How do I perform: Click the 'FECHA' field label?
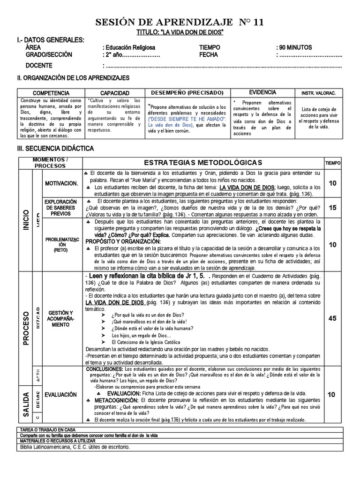(209, 55)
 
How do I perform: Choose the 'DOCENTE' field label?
(39, 65)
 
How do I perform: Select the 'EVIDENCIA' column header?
(262, 93)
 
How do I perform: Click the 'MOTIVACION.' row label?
(61, 183)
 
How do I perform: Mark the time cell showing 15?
(332, 208)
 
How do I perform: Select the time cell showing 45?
(332, 318)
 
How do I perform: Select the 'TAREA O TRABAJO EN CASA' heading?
(48, 430)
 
